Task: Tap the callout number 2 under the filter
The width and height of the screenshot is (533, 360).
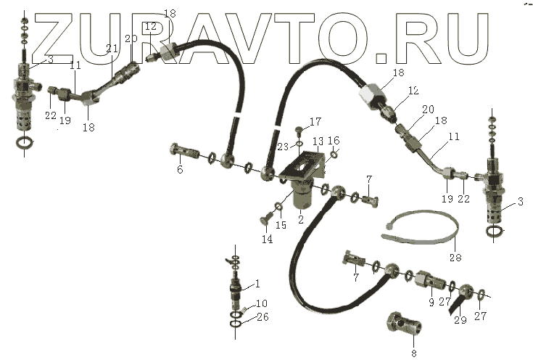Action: click(281, 217)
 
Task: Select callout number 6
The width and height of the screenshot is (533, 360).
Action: click(180, 170)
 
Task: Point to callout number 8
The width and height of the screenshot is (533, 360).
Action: click(414, 353)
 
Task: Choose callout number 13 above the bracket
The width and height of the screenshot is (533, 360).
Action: click(317, 141)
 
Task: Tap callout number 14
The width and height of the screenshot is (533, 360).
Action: click(268, 239)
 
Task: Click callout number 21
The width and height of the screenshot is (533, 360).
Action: click(111, 49)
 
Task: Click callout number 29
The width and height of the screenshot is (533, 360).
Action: click(459, 320)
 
